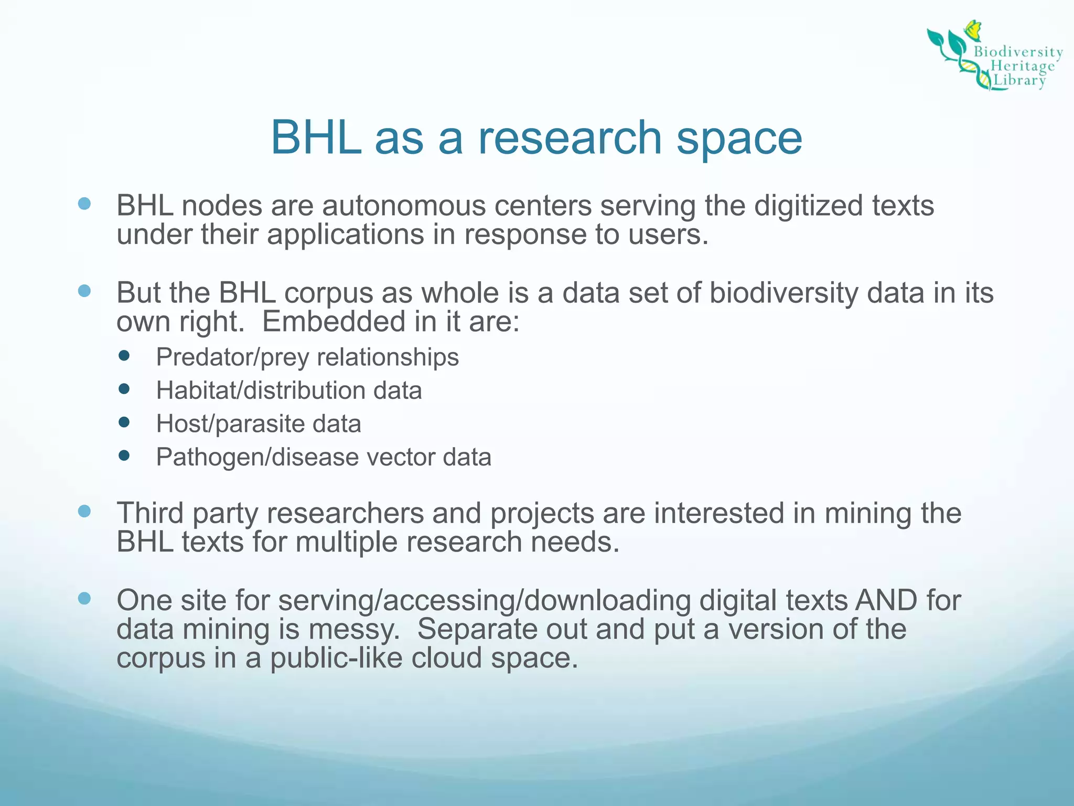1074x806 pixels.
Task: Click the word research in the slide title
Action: point(570,138)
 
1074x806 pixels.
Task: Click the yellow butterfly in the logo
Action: point(973,30)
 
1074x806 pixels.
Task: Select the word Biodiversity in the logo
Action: point(1018,51)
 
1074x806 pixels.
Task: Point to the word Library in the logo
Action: point(1020,80)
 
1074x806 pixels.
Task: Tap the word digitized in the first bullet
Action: point(808,206)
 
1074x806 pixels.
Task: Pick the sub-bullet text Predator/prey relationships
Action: point(307,357)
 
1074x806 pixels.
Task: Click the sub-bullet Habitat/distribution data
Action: point(288,391)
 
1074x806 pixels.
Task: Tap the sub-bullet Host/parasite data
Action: point(259,424)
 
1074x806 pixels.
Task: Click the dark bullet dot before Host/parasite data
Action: point(124,422)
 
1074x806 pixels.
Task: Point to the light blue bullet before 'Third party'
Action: point(84,511)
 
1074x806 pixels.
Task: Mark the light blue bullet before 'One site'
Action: point(84,598)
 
